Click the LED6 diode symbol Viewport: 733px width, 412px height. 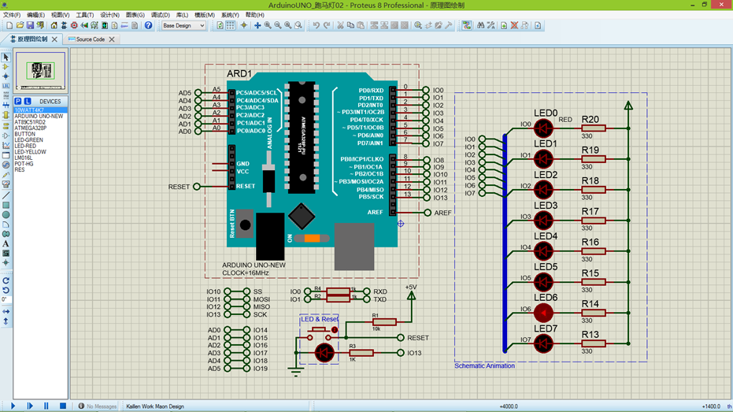[543, 313]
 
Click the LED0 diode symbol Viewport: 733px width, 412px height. [543, 128]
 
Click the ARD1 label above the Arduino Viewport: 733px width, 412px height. [239, 74]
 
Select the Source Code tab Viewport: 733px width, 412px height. [91, 39]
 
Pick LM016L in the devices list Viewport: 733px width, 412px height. [24, 158]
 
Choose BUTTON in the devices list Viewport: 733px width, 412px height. [24, 134]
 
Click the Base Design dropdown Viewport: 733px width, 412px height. [183, 25]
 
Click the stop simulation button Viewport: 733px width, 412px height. [63, 406]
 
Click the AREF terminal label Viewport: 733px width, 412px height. [443, 213]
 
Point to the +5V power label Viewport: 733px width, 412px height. [410, 288]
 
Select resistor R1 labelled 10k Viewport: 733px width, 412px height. [384, 321]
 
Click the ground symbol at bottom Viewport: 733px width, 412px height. [295, 370]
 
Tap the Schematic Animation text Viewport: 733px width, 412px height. [484, 366]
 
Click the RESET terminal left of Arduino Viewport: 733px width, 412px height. [180, 187]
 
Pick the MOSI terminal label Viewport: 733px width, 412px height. [261, 299]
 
